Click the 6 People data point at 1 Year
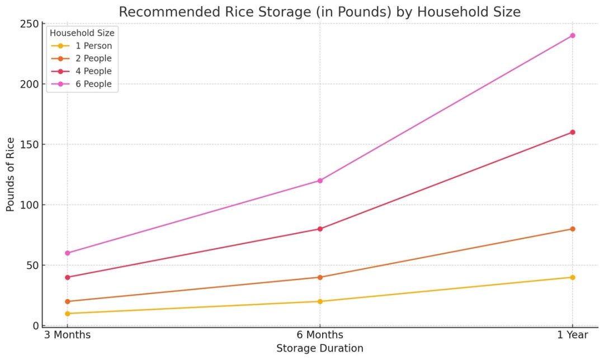pyautogui.click(x=572, y=36)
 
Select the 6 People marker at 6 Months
pyautogui.click(x=320, y=181)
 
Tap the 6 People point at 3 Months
pyautogui.click(x=68, y=253)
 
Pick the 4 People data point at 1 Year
pyautogui.click(x=572, y=132)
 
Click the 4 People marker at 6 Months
pyautogui.click(x=320, y=229)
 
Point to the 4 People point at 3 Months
pyautogui.click(x=68, y=277)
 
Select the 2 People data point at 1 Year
pyautogui.click(x=572, y=229)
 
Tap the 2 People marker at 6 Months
pyautogui.click(x=320, y=277)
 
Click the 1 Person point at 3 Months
pyautogui.click(x=68, y=313)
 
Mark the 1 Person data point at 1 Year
pyautogui.click(x=572, y=277)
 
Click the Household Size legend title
pyautogui.click(x=82, y=33)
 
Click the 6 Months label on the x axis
pyautogui.click(x=320, y=335)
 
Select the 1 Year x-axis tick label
pyautogui.click(x=572, y=335)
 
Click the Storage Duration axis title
pyautogui.click(x=320, y=348)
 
